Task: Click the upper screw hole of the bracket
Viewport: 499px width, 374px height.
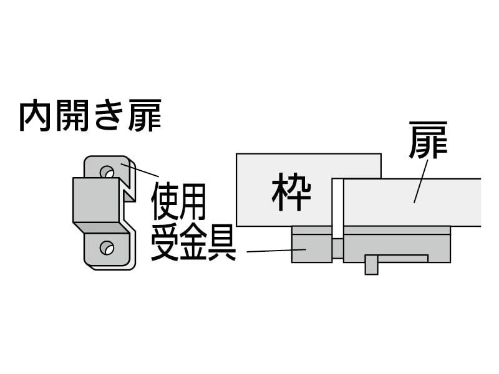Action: click(107, 170)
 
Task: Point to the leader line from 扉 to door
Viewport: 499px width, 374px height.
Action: click(420, 180)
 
